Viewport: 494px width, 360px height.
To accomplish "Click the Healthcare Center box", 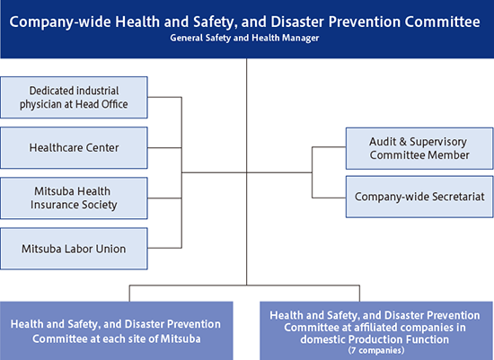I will (x=75, y=147).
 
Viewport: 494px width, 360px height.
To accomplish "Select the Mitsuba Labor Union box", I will (x=75, y=248).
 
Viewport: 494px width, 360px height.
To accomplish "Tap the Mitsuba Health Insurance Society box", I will (x=75, y=198).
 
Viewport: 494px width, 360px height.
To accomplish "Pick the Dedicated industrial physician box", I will (x=75, y=97).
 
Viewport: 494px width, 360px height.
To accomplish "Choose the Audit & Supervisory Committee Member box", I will (x=419, y=147).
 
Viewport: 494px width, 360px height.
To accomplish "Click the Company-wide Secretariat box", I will (x=419, y=197).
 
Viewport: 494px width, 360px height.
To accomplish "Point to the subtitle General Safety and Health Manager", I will (x=246, y=38).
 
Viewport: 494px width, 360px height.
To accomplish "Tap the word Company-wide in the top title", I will (x=58, y=22).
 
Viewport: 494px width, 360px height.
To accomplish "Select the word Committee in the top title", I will (x=443, y=22).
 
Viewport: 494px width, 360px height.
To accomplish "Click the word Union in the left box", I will (x=108, y=248).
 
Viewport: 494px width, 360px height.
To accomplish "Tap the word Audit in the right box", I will (x=385, y=140).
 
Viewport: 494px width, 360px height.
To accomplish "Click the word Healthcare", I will (x=57, y=147).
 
